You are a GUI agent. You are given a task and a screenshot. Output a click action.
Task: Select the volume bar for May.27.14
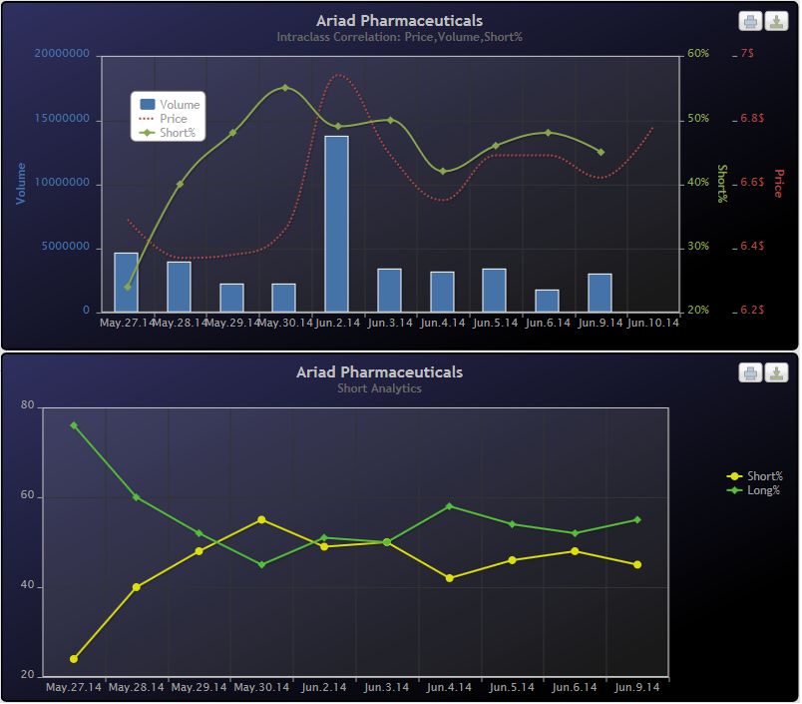coord(126,282)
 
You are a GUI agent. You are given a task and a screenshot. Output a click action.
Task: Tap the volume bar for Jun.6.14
coord(547,301)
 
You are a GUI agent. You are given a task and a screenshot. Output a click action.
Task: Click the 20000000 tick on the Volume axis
coord(62,54)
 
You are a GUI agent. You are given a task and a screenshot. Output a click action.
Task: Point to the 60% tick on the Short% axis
coord(698,54)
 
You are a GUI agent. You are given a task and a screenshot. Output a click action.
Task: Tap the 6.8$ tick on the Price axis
coord(752,119)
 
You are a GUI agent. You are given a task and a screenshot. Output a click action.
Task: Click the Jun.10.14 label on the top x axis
coord(653,323)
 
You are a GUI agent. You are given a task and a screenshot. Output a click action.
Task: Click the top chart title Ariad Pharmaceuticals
coord(399,20)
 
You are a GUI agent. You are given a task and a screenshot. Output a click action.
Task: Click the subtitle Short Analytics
coord(379,388)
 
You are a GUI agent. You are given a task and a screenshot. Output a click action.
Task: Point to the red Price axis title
coord(779,183)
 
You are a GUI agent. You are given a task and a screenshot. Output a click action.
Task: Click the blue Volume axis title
coord(20,184)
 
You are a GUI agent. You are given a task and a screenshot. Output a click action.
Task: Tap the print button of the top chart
coord(750,21)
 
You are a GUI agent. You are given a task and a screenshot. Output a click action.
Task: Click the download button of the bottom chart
coord(776,372)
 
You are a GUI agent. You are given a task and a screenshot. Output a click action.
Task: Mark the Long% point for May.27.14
coord(74,425)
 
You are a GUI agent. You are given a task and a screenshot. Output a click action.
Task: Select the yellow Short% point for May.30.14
coord(261,519)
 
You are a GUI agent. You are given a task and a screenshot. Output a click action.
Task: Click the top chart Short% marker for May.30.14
coord(284,88)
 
